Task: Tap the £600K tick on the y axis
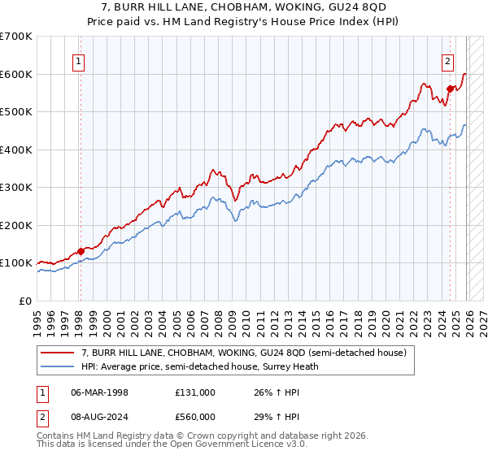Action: pyautogui.click(x=16, y=74)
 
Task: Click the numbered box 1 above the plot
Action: pyautogui.click(x=80, y=59)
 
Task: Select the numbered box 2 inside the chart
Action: pyautogui.click(x=448, y=59)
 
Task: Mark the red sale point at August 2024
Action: pyautogui.click(x=450, y=89)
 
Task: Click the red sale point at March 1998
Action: pyautogui.click(x=81, y=251)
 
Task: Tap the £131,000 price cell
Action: pyautogui.click(x=195, y=392)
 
